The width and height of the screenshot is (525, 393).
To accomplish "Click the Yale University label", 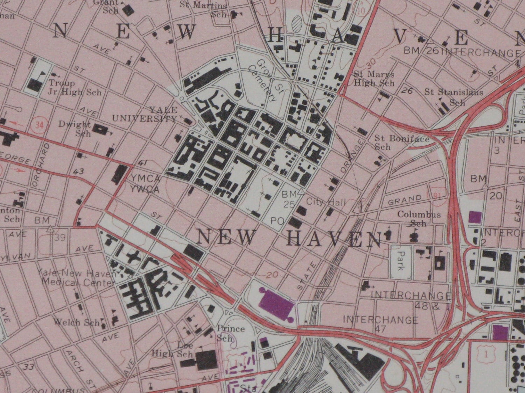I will click(145, 114).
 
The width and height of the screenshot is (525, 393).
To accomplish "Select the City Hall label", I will click(326, 202).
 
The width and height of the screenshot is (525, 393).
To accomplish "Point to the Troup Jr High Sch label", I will click(75, 88).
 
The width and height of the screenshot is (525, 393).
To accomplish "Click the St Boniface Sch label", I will click(401, 142).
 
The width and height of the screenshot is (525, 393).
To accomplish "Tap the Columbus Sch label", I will click(419, 219).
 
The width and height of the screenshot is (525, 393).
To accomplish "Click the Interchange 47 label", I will click(380, 324).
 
